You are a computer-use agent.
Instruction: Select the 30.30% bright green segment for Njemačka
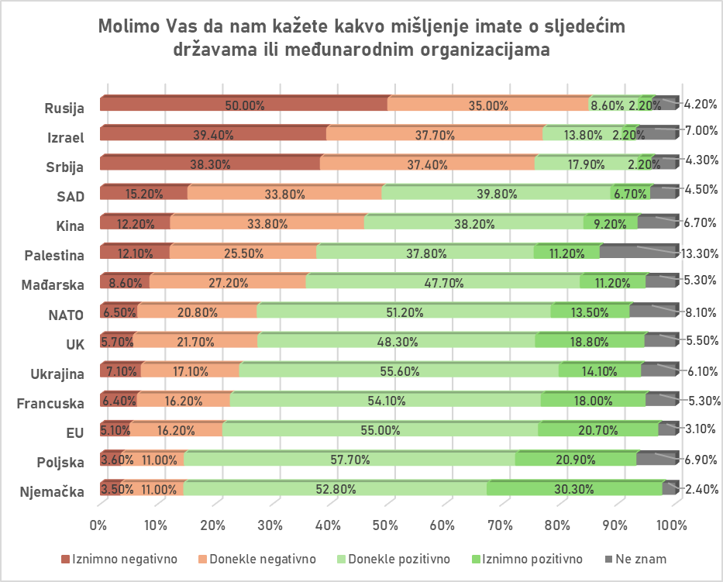pyautogui.click(x=575, y=489)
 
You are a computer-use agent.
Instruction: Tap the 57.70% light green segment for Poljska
pyautogui.click(x=349, y=460)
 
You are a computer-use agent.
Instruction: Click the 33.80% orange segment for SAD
pyautogui.click(x=285, y=194)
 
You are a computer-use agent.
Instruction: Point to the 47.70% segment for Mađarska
pyautogui.click(x=442, y=282)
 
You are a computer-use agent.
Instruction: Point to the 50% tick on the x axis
pyautogui.click(x=386, y=525)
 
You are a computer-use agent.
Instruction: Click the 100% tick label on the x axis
pyautogui.click(x=671, y=525)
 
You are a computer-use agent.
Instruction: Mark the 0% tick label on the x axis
pyautogui.click(x=99, y=525)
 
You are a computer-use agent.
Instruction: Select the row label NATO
pyautogui.click(x=67, y=315)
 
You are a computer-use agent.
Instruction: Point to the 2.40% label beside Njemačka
pyautogui.click(x=701, y=489)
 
